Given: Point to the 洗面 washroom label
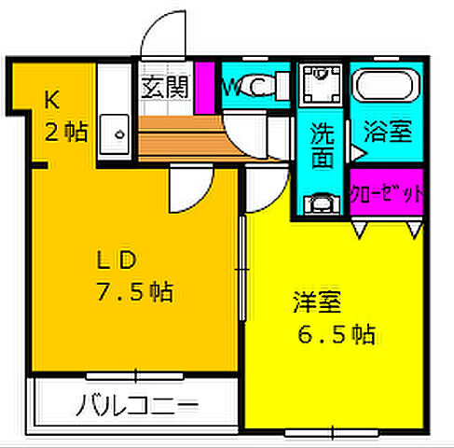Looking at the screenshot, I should pyautogui.click(x=322, y=145).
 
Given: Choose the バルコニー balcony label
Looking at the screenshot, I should pyautogui.click(x=137, y=406).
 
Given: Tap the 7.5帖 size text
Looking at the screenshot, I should pyautogui.click(x=135, y=293).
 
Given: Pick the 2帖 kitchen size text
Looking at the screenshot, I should pyautogui.click(x=66, y=131).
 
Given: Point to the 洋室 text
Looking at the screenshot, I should pyautogui.click(x=317, y=302).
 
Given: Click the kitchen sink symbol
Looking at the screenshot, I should pyautogui.click(x=117, y=132).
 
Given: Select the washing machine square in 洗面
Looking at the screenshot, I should pyautogui.click(x=322, y=87).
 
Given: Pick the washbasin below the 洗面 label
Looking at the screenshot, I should pyautogui.click(x=322, y=201).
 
